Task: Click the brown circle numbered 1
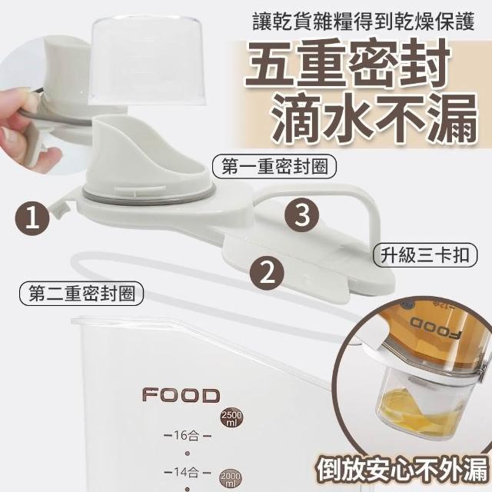(x=32, y=218)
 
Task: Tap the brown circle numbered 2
(x=267, y=273)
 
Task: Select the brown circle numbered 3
(x=302, y=215)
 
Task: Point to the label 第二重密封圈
(x=81, y=294)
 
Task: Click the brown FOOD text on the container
(x=181, y=395)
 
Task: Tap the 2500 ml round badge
(x=232, y=418)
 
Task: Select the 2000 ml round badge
(x=231, y=479)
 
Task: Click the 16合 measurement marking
(x=188, y=436)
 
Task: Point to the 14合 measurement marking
(x=188, y=472)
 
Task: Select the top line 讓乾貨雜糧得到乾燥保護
(x=364, y=22)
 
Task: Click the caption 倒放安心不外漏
(x=403, y=471)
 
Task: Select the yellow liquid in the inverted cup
(x=417, y=410)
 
